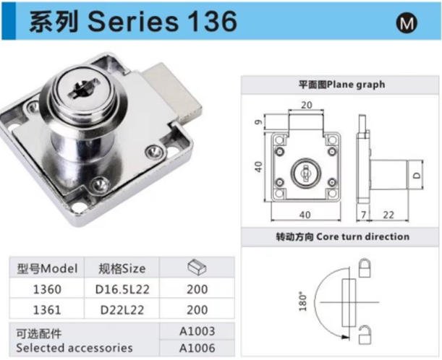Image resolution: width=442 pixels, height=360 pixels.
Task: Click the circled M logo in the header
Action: (407, 23)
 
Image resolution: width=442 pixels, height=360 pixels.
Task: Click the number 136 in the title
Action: (212, 22)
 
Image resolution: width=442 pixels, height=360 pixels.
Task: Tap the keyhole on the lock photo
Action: (85, 88)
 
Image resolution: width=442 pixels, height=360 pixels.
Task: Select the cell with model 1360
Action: (47, 289)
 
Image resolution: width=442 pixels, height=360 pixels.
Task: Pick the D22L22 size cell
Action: (122, 310)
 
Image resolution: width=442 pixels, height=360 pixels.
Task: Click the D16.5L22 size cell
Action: (122, 289)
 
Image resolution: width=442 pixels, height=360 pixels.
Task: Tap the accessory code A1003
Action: (197, 331)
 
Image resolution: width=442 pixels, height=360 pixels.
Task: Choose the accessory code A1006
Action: (197, 348)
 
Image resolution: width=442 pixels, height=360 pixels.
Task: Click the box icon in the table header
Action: (197, 267)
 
